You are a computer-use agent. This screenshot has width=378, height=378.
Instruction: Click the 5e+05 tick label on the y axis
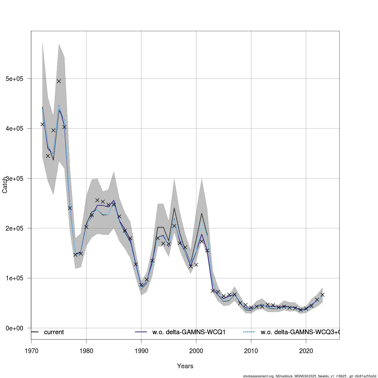[15, 78]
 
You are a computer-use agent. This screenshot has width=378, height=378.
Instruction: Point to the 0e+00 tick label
[15, 328]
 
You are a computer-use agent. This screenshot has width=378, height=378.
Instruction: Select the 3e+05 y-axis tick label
[15, 178]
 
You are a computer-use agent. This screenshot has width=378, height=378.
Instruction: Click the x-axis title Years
[185, 366]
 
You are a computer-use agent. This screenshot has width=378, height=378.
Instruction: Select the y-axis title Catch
[5, 185]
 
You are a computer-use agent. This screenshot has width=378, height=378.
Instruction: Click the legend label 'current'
[54, 332]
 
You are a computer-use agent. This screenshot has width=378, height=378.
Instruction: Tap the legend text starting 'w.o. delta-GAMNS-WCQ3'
[299, 332]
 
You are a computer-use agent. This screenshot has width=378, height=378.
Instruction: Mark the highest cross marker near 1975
[59, 81]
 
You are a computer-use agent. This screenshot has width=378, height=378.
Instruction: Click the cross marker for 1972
[42, 124]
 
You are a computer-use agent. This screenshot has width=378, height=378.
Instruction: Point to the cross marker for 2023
[323, 295]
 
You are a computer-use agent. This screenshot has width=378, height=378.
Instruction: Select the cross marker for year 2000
[196, 265]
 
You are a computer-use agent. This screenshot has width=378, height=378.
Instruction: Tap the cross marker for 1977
[70, 208]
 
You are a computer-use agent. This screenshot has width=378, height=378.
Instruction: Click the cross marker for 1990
[141, 285]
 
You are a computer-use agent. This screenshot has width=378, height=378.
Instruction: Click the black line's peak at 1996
[174, 208]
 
